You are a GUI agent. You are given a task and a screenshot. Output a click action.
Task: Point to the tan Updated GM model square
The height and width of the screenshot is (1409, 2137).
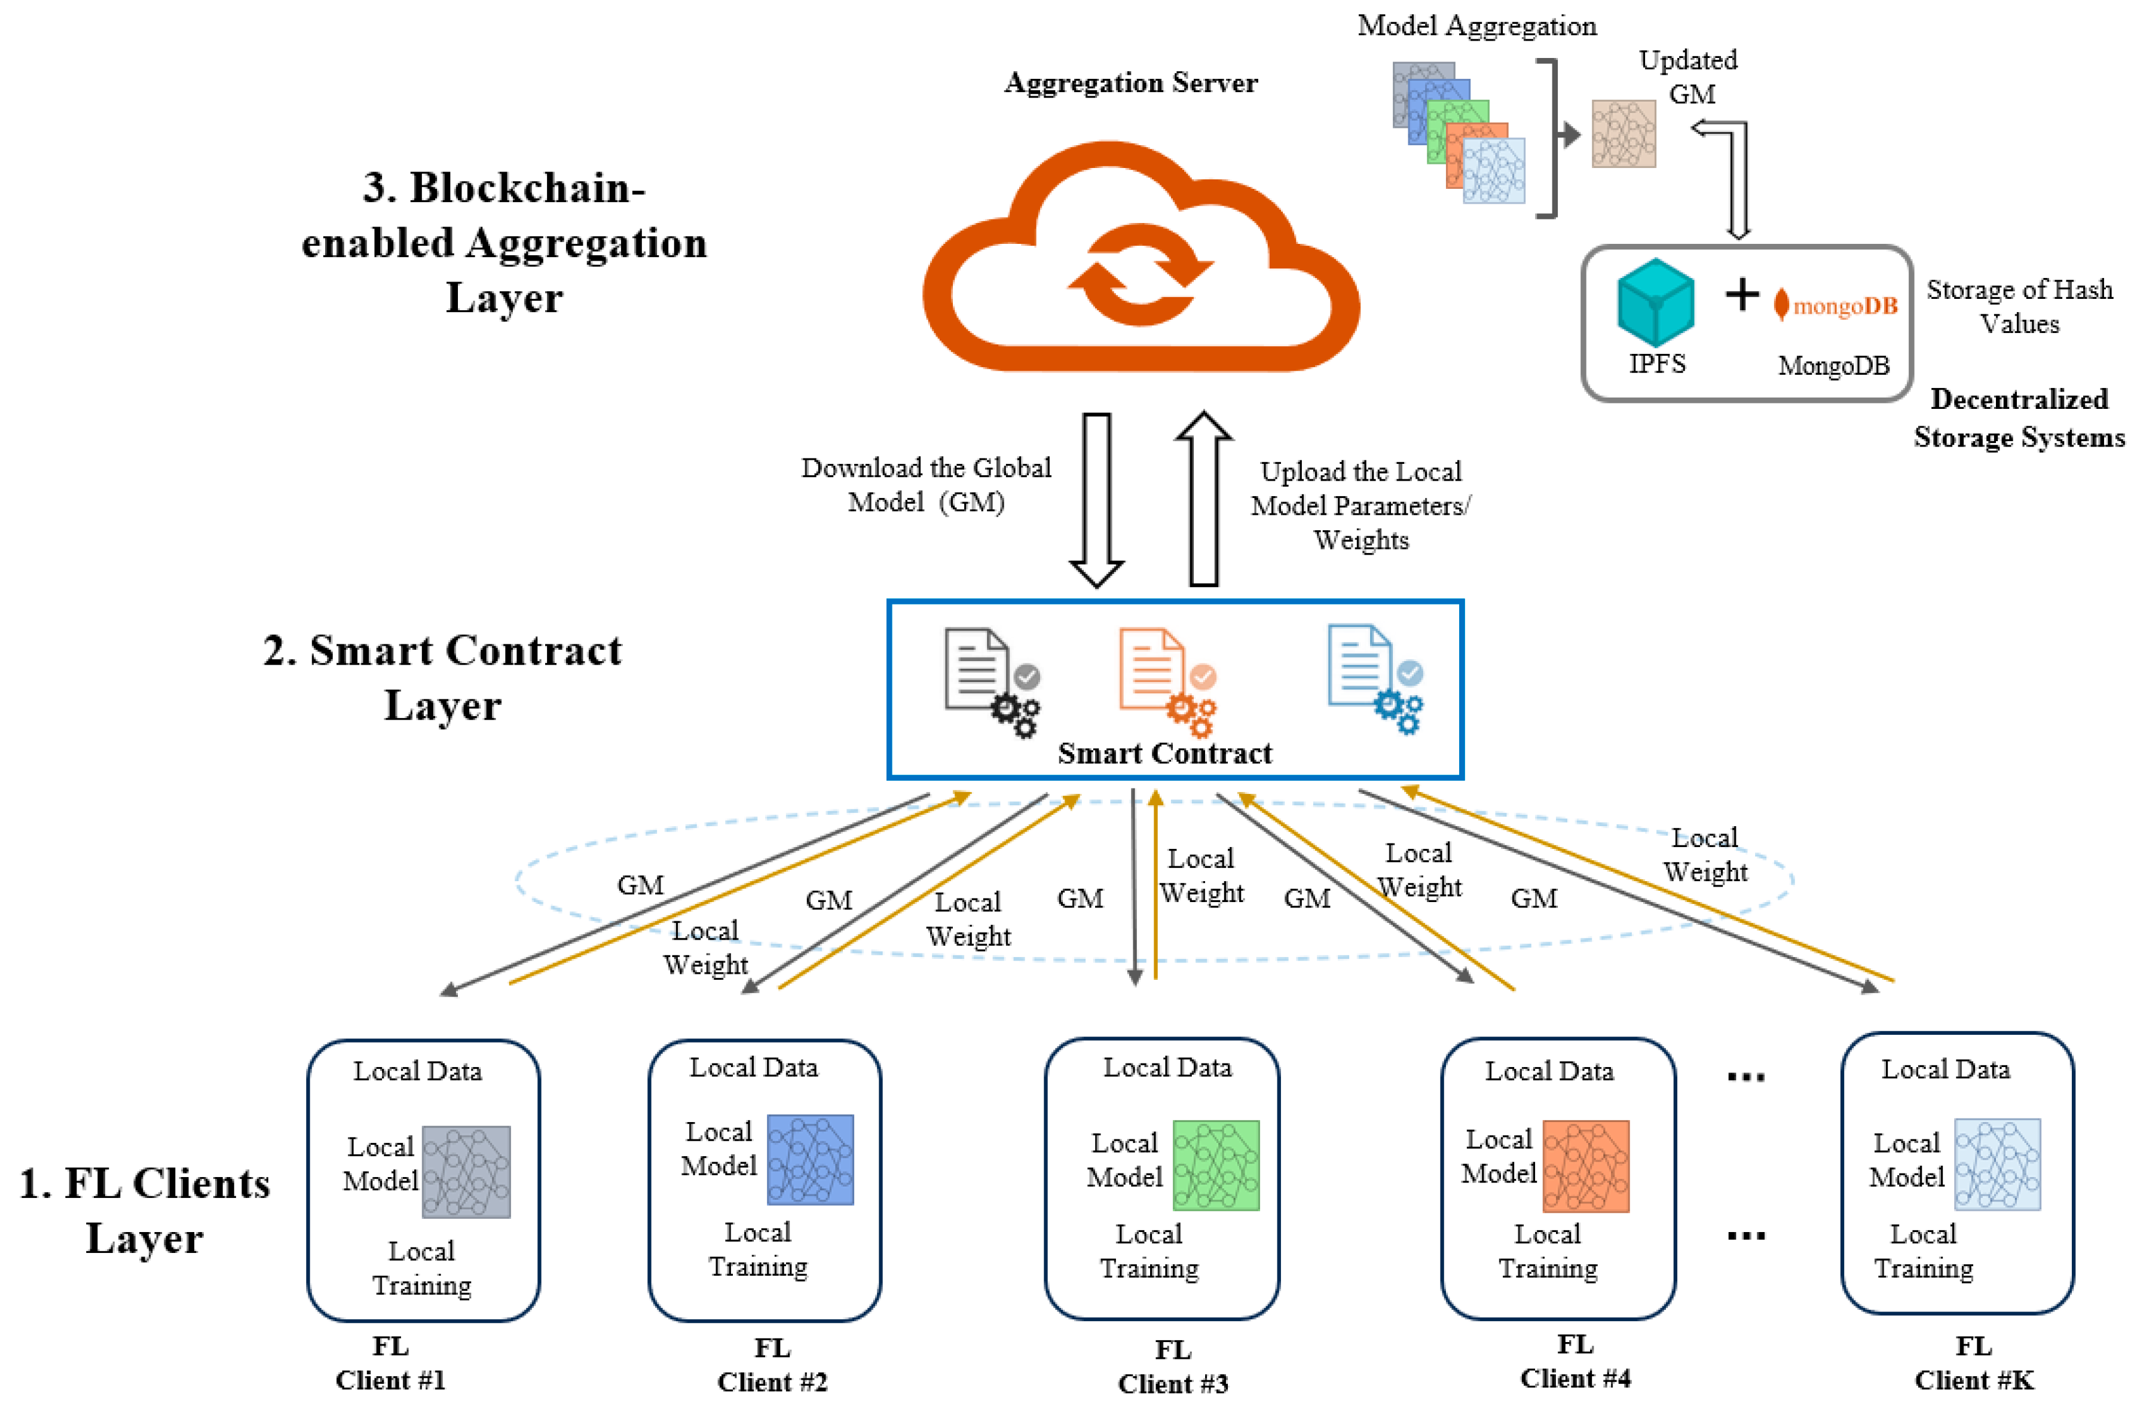[x=1622, y=134]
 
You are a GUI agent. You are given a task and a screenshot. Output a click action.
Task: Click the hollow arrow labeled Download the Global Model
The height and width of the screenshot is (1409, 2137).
[x=1096, y=499]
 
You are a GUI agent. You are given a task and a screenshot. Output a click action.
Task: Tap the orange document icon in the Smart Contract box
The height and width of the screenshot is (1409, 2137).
[x=1163, y=680]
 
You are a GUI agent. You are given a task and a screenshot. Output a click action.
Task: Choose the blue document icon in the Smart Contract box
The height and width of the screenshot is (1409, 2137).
[x=1372, y=677]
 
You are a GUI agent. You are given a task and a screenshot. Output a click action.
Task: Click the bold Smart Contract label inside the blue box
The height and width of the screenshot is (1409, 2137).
[x=1164, y=753]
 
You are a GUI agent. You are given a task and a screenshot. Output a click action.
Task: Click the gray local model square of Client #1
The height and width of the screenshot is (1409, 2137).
[x=466, y=1171]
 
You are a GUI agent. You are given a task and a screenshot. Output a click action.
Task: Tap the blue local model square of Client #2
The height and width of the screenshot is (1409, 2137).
[x=809, y=1159]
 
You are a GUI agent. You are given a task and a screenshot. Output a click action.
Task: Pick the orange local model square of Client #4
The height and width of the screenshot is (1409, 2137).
[x=1585, y=1166]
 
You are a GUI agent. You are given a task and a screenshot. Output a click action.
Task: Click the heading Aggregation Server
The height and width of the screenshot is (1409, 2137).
[x=1130, y=82]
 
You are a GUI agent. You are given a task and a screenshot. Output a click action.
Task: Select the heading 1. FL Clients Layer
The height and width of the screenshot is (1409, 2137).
[x=143, y=1209]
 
